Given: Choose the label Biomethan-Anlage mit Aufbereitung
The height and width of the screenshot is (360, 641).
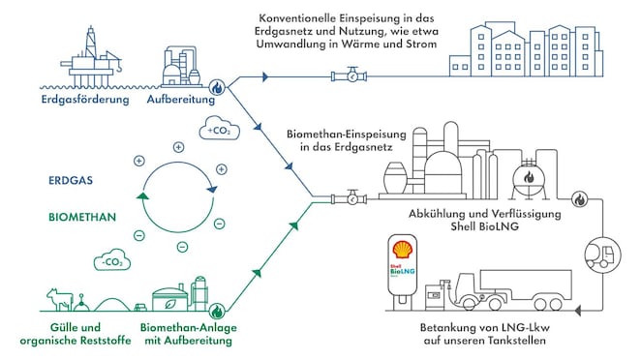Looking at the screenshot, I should (x=188, y=334).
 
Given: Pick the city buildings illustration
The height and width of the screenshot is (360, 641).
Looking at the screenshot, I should (x=537, y=48).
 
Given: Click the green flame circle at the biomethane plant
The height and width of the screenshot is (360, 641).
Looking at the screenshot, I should (x=219, y=311).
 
